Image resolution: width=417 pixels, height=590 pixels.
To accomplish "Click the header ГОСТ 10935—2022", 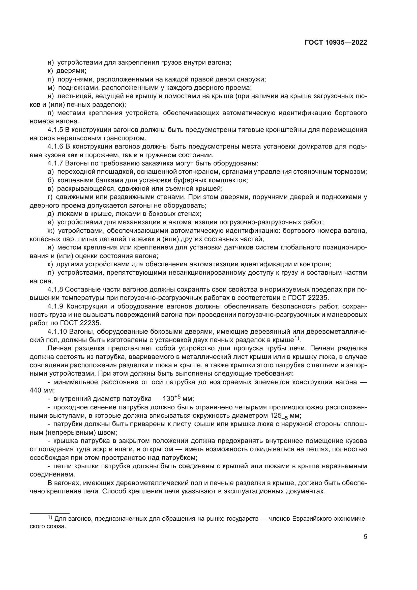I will [x=336, y=43].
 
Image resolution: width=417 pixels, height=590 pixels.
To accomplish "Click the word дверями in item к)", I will [x=71, y=71].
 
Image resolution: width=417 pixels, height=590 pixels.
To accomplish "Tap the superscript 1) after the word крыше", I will [x=297, y=339].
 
